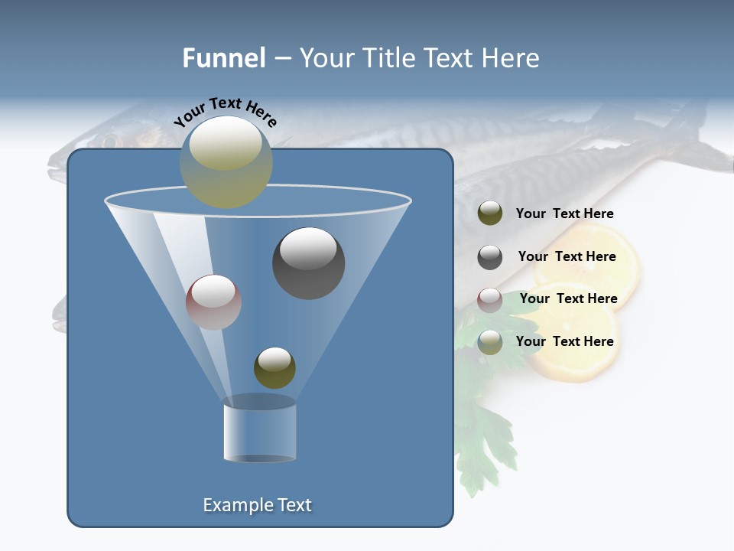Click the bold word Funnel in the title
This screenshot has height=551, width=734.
[x=223, y=58]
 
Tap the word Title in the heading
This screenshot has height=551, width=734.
[x=388, y=58]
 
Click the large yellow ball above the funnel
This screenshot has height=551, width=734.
[x=226, y=162]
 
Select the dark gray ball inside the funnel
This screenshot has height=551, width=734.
[x=308, y=263]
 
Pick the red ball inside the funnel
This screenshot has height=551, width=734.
[x=213, y=302]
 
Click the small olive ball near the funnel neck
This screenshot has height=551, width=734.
[x=274, y=368]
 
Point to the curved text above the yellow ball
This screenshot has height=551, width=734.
[x=225, y=112]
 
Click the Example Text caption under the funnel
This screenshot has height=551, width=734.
[x=257, y=505]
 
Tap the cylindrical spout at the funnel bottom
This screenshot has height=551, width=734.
[x=259, y=430]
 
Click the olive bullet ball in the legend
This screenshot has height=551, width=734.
[x=490, y=214]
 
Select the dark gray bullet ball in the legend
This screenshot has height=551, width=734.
[x=490, y=257]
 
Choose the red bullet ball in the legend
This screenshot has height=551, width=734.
[x=490, y=300]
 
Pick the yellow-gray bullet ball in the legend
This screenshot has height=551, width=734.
[x=490, y=342]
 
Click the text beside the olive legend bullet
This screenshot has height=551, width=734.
[x=564, y=214]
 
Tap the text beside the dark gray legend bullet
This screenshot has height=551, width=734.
[x=567, y=256]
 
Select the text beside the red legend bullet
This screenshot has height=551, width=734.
[x=568, y=298]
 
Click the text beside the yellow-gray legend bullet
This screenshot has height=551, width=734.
[x=564, y=341]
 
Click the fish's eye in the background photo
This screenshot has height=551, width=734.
[x=112, y=142]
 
